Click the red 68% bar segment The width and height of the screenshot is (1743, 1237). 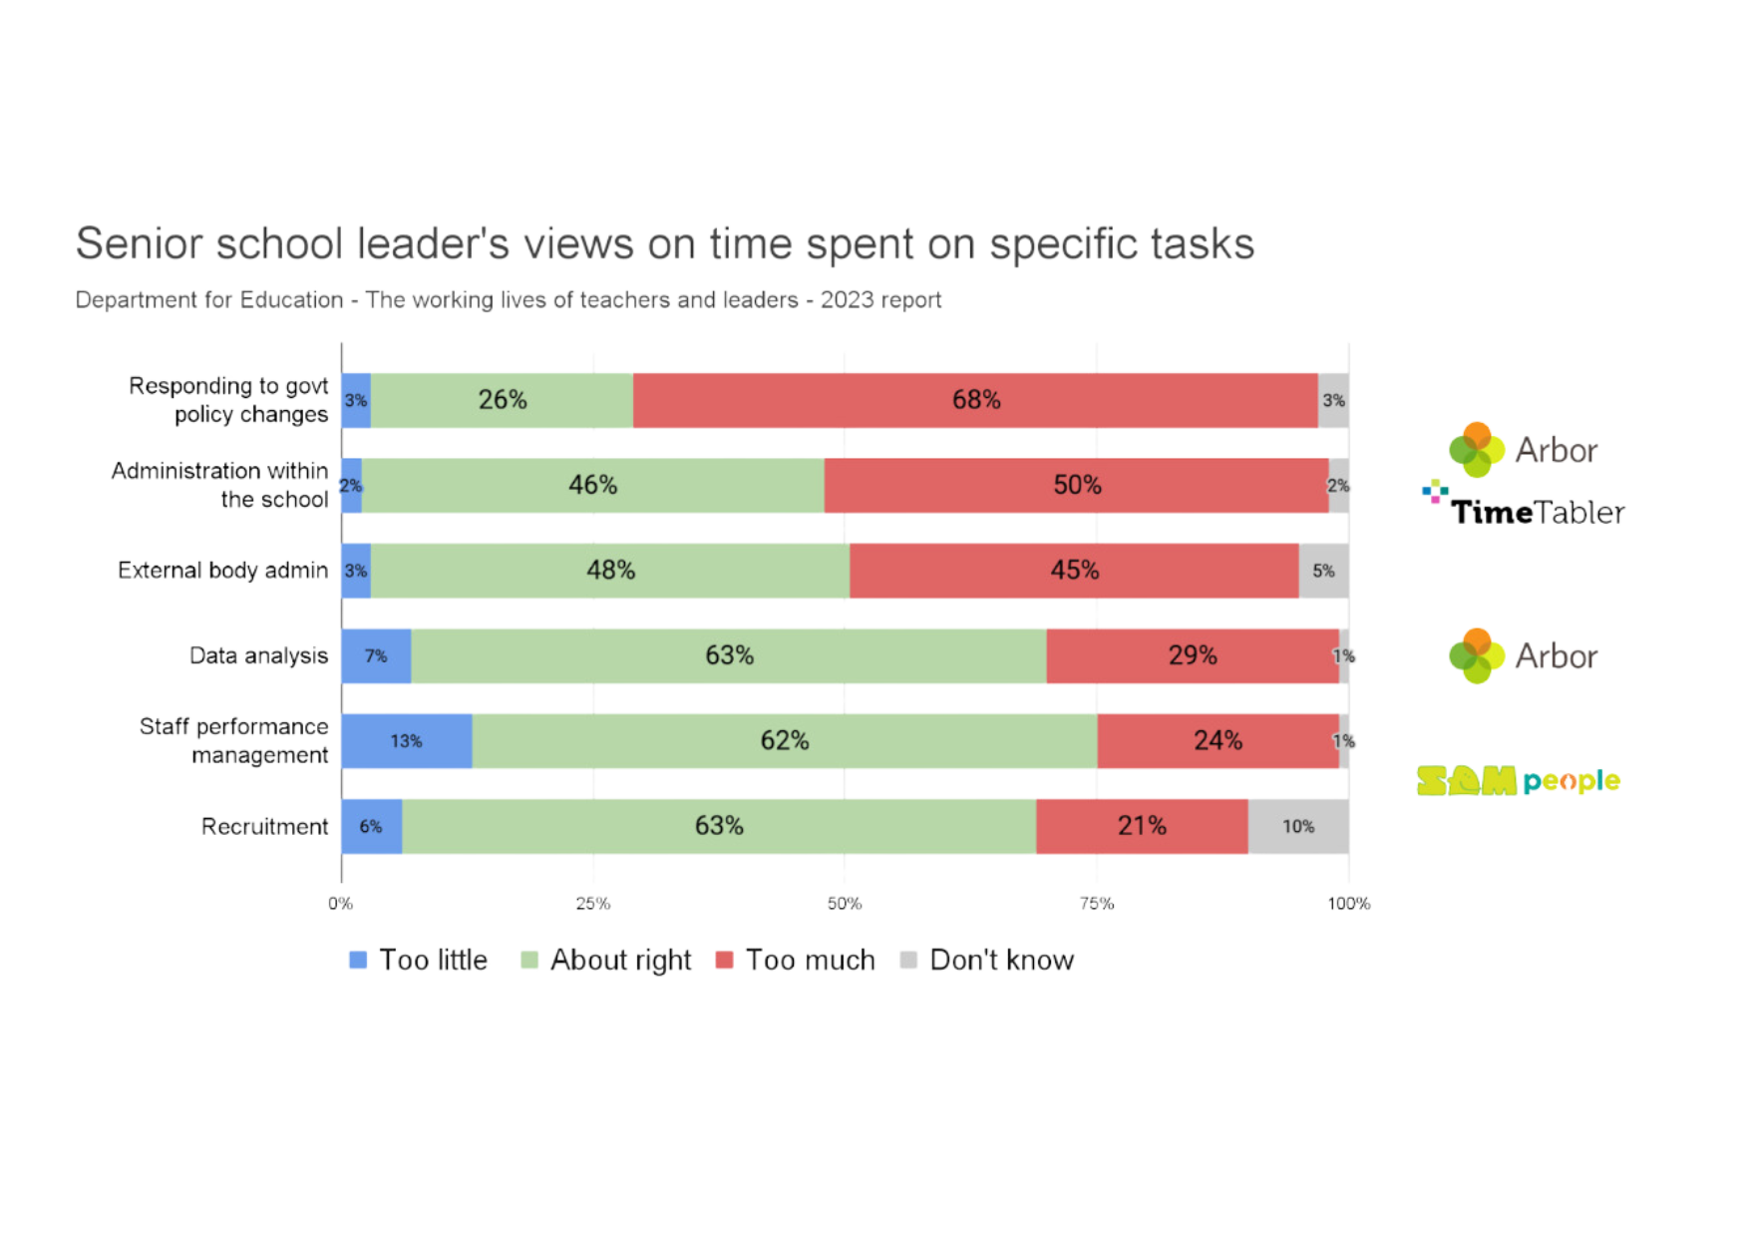pos(975,400)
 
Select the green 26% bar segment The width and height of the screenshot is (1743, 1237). pos(502,400)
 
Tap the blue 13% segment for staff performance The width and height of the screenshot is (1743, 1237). pos(406,741)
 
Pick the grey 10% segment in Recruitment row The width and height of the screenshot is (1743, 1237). pos(1298,826)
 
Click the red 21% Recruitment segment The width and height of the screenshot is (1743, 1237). pos(1142,826)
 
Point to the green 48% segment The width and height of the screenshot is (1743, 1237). pos(610,571)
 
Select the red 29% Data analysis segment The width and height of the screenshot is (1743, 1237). pos(1193,655)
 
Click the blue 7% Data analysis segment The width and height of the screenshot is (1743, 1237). pos(376,655)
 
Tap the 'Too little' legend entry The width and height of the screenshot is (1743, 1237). pos(418,960)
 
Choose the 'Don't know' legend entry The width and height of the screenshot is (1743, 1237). pos(987,960)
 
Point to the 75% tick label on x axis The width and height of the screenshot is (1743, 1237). pos(1097,904)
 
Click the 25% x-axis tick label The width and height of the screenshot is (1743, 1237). pos(593,904)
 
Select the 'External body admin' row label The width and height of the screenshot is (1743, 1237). pos(222,571)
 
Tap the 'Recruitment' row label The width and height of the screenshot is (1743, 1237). pos(264,826)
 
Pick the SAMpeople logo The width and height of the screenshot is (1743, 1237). pos(1518,780)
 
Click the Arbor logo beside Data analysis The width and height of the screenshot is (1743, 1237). pos(1522,655)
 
